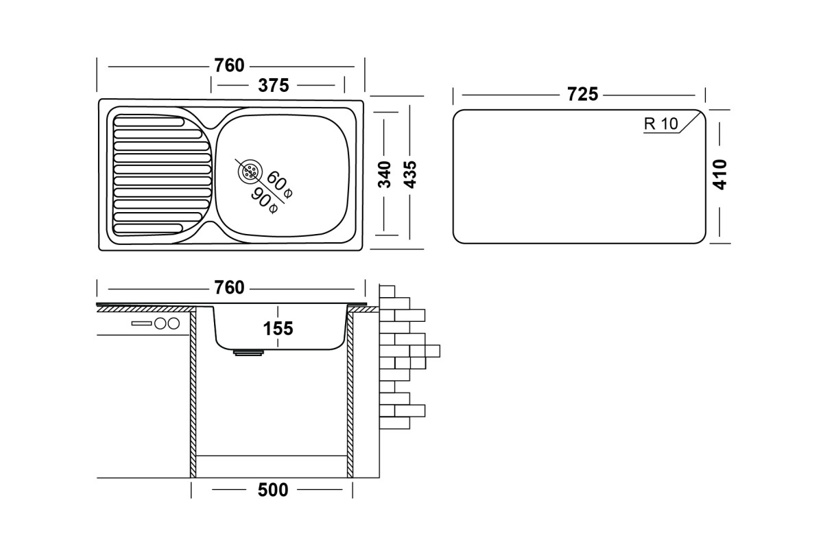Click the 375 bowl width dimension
274,85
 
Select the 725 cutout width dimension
582,94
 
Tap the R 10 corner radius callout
660,124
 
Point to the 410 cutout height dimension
719,174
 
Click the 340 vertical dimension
384,174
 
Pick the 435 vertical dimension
409,174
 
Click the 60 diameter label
279,185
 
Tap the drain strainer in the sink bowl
250,171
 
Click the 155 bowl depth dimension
278,328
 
